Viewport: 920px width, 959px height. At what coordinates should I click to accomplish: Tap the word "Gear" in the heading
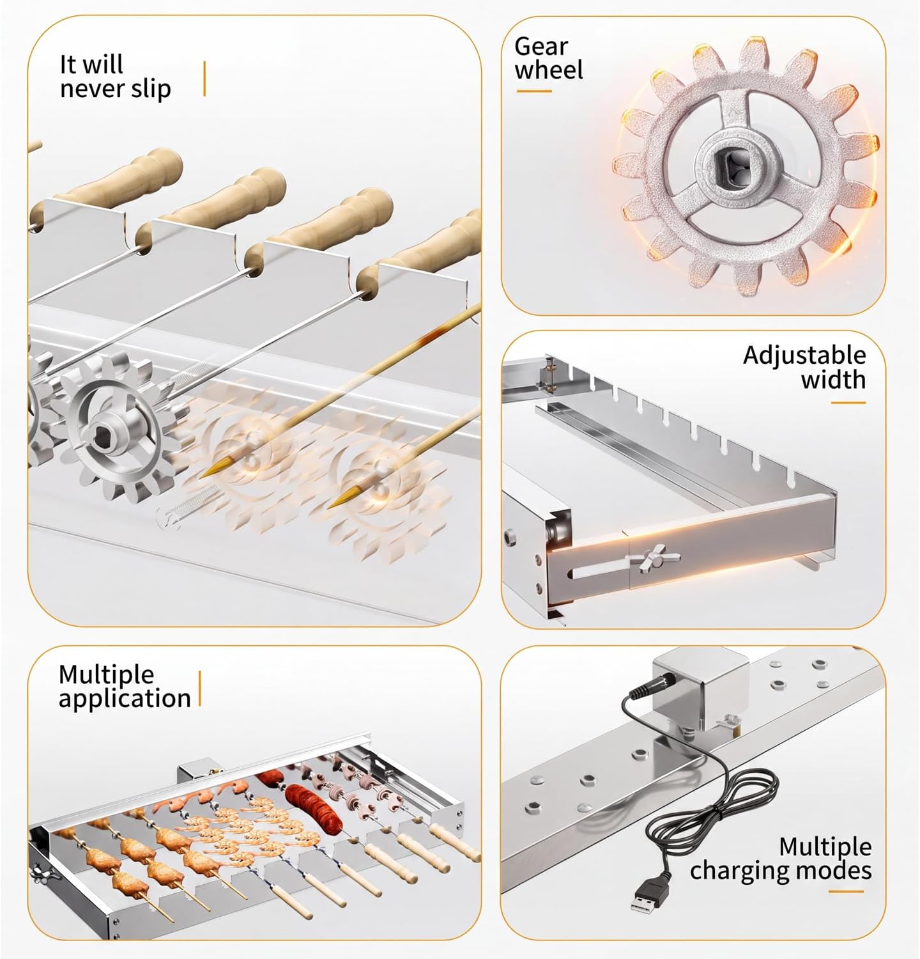click(541, 47)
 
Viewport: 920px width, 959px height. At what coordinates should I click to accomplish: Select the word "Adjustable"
click(804, 355)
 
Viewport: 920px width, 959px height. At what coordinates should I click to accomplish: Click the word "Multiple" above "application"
click(107, 674)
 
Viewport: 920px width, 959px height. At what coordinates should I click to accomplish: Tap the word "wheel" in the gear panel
click(549, 70)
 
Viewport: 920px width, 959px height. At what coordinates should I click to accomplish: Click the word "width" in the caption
click(833, 380)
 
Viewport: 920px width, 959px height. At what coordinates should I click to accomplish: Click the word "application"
click(125, 699)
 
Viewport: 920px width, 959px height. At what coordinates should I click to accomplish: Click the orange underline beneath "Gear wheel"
click(534, 91)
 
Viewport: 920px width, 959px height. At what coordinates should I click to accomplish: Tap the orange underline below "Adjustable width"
click(848, 403)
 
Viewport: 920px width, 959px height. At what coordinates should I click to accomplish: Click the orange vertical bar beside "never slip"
click(204, 79)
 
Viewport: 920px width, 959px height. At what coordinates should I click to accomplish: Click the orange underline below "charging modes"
click(854, 892)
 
